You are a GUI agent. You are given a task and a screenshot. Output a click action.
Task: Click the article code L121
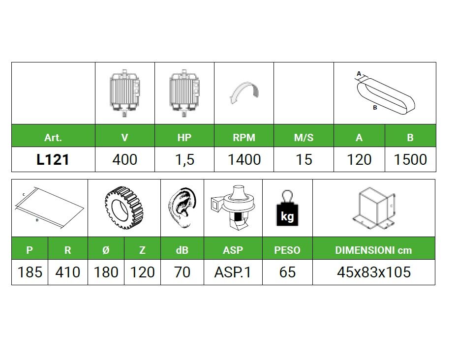53,160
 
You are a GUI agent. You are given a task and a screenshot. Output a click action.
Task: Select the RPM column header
244,137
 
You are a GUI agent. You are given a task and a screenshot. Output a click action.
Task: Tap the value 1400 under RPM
244,160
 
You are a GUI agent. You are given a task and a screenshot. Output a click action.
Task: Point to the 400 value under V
125,160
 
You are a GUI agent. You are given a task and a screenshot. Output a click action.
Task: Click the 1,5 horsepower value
184,160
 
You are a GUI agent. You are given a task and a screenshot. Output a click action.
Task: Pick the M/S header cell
304,137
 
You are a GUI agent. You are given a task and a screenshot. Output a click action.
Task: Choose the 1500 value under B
410,160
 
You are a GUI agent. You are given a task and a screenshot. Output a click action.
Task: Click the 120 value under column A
359,160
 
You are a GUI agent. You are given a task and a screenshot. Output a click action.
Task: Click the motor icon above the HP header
184,93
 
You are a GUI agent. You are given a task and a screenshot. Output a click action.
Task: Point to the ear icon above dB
183,208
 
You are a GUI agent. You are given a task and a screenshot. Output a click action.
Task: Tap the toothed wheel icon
124,208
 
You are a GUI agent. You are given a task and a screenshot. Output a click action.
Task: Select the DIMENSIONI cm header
373,250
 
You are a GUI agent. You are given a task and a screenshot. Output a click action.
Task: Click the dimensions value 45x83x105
374,272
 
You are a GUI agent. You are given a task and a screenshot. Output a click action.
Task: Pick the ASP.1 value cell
233,272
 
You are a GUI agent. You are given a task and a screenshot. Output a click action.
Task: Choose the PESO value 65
287,272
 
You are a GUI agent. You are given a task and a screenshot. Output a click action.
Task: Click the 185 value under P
30,272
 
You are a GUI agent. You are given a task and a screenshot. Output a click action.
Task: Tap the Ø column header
106,250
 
